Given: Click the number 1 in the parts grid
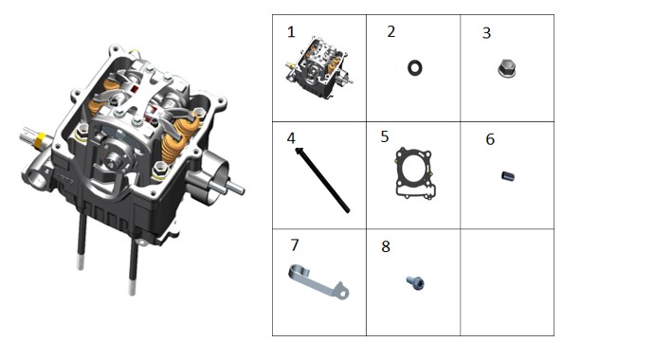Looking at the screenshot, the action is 291,32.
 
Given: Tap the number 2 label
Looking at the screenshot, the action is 391,31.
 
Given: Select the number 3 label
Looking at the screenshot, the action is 486,33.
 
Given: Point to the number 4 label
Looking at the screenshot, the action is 291,138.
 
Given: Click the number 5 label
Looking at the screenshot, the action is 385,136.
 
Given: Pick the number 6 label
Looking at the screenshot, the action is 490,139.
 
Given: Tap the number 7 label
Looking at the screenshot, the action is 295,245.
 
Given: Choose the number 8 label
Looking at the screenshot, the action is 386,246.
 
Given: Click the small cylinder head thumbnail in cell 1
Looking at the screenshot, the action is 319,66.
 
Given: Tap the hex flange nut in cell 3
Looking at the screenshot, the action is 506,69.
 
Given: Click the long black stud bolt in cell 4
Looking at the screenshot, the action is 322,181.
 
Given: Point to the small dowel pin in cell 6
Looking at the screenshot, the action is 508,176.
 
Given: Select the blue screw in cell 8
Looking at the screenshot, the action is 416,283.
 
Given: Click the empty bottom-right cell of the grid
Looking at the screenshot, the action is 507,282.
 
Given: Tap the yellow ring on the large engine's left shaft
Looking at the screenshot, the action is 40,140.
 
